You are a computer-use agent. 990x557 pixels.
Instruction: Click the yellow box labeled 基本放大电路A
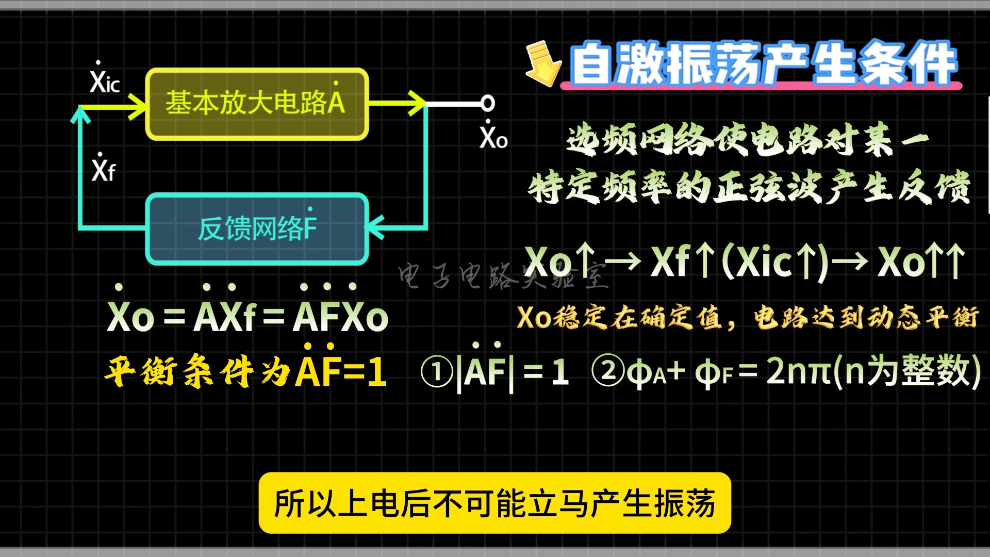(257, 104)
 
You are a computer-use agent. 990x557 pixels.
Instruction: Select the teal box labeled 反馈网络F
(257, 228)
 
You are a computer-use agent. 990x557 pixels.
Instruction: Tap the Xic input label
(105, 78)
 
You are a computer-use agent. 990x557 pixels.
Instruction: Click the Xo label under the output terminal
(493, 136)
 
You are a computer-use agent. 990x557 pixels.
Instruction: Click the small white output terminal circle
(487, 104)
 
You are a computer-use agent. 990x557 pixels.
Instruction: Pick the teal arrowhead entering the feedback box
(375, 226)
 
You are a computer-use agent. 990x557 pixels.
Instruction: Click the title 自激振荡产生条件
(763, 64)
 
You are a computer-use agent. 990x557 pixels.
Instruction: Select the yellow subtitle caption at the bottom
(494, 503)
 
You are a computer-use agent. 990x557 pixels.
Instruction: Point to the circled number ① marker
(437, 372)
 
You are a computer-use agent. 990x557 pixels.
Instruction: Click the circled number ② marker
(608, 371)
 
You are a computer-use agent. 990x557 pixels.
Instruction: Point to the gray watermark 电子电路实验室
(503, 276)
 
